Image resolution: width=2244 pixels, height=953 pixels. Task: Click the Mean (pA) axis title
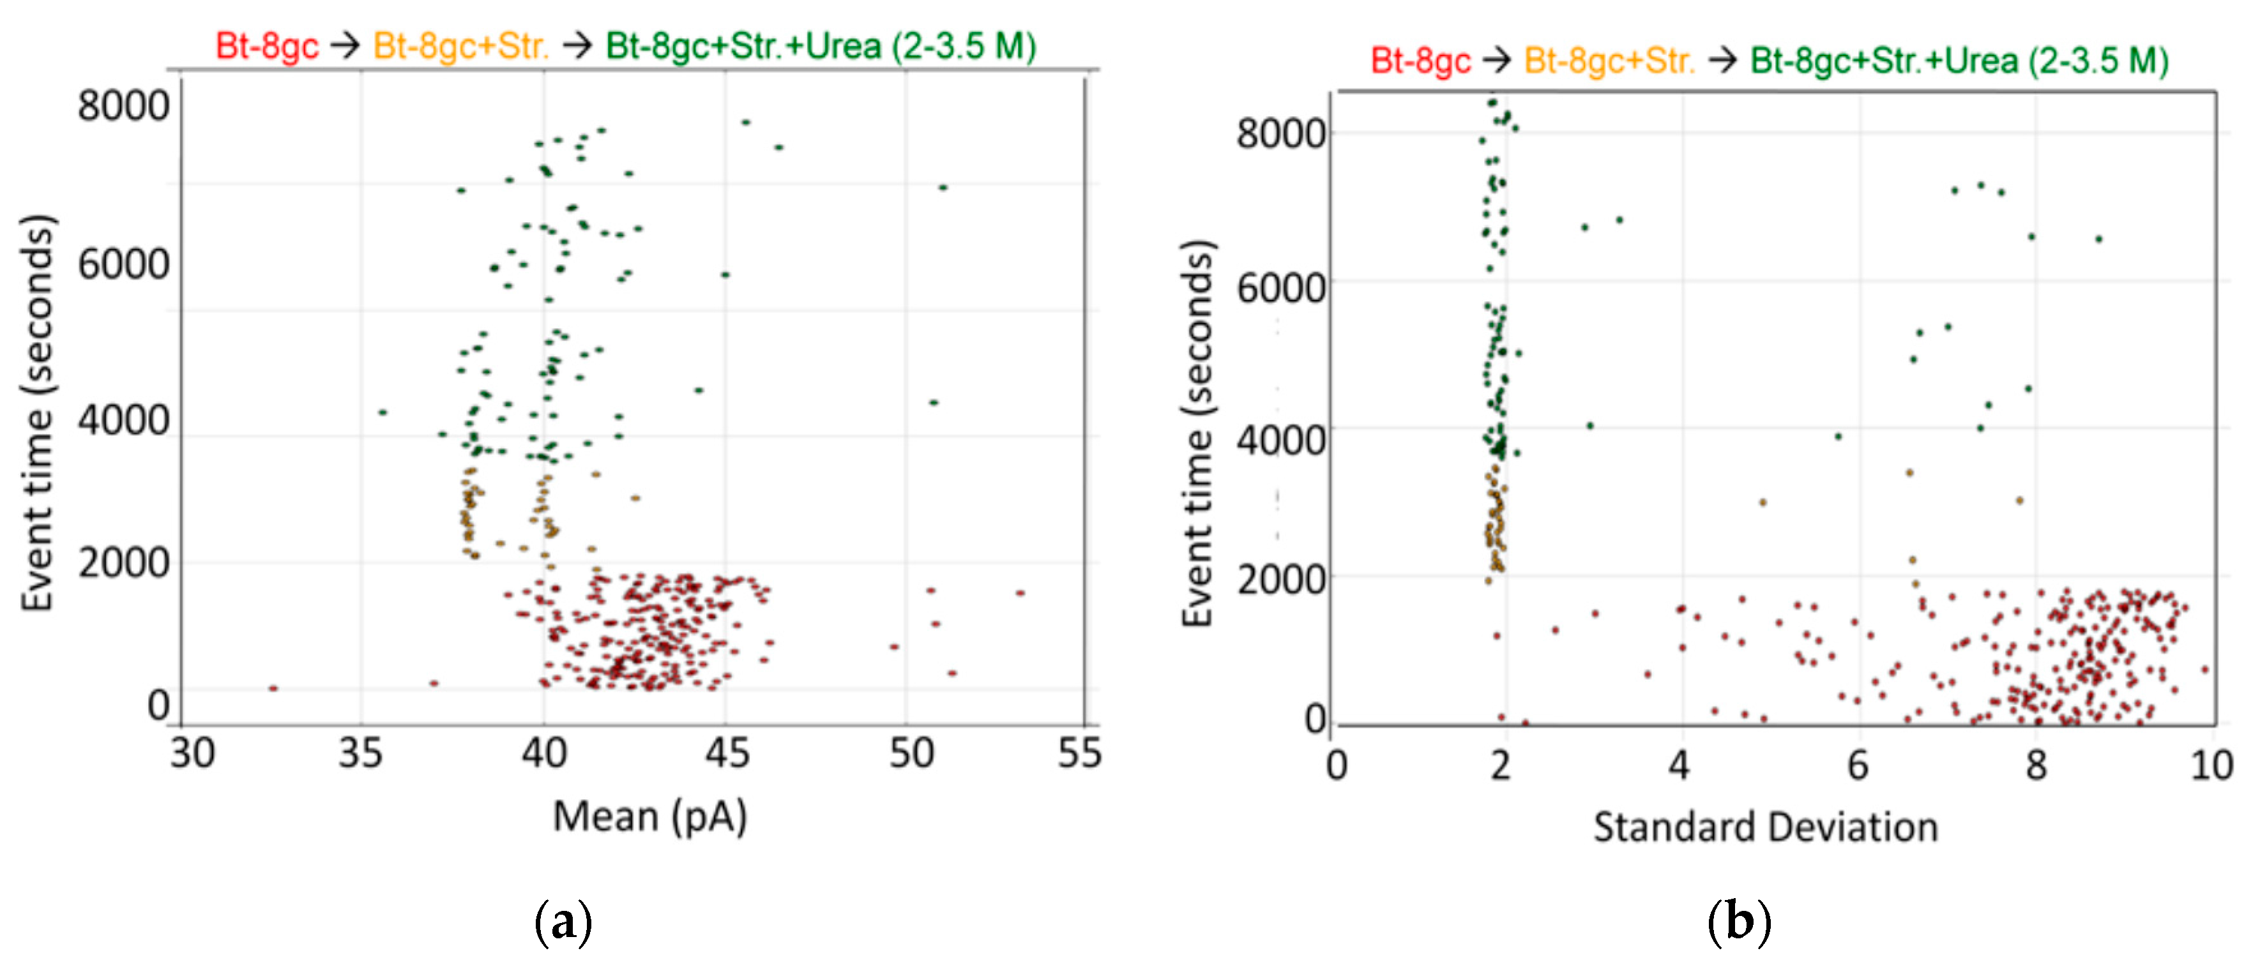coord(650,817)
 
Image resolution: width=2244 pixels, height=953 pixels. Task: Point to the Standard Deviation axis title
coord(1765,827)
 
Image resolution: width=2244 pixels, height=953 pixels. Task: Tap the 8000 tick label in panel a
coord(123,106)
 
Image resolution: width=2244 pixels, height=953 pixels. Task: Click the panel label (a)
coord(563,922)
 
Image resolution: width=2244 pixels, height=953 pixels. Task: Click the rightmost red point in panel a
coord(1019,593)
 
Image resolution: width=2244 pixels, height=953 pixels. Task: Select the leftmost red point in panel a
coord(273,688)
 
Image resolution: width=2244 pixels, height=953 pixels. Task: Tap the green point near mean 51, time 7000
coord(943,187)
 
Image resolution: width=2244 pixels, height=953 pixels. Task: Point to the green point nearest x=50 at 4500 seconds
coord(934,402)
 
